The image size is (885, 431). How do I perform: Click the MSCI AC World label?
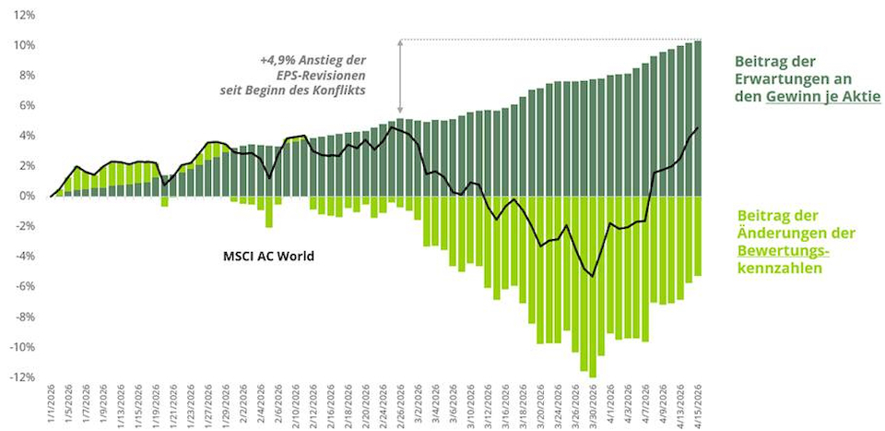pyautogui.click(x=269, y=255)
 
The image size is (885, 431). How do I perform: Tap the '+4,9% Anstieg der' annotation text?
pyautogui.click(x=313, y=60)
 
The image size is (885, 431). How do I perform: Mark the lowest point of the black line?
pyautogui.click(x=593, y=276)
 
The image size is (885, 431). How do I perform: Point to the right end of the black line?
pyautogui.click(x=698, y=127)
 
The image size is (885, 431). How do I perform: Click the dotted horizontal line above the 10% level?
pyautogui.click(x=553, y=40)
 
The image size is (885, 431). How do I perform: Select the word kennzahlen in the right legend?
pyautogui.click(x=778, y=268)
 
